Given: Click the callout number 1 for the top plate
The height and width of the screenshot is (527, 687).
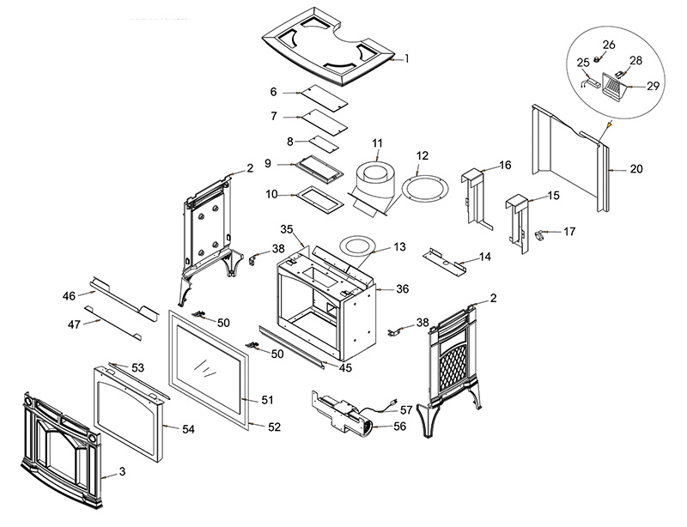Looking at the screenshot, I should point(407,59).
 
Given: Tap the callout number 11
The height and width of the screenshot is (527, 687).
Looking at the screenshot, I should point(376,142).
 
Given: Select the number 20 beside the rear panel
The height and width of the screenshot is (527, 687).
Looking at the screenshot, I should point(635,169).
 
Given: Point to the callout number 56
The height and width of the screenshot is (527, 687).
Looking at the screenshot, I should point(399,427).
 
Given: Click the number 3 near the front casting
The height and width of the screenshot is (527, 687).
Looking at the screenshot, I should point(122,472).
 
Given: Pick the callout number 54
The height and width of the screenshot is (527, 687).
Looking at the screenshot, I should point(189,429).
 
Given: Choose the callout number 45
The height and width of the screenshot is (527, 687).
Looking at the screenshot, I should point(346,368).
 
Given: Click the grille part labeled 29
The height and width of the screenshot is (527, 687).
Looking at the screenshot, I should point(611,84).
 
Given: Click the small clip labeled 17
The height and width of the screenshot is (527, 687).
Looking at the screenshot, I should point(540,233).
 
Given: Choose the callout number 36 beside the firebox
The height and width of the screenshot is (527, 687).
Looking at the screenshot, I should point(402,289).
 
